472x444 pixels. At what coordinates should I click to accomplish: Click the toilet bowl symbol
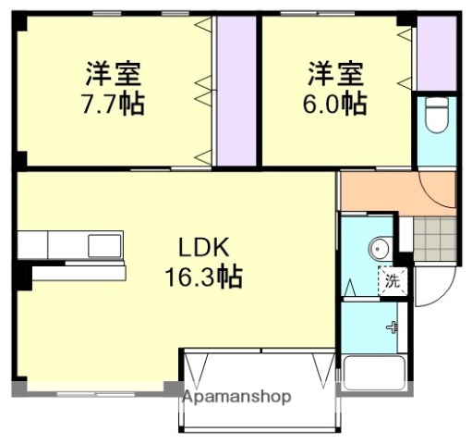point(436,118)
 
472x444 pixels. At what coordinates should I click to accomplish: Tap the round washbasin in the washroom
point(377,249)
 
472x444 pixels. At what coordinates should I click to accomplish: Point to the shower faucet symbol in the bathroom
point(393,326)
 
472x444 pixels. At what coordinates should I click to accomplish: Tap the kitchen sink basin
point(103,245)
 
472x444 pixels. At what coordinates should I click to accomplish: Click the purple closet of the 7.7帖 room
point(235,90)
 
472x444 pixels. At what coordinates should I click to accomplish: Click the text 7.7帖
point(112,104)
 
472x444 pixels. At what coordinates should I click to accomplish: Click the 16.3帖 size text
point(203,276)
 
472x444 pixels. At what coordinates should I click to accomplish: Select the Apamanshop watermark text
point(236,396)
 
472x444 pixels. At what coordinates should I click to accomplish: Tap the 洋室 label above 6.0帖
point(334,71)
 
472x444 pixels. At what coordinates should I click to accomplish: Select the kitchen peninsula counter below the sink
point(79,272)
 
